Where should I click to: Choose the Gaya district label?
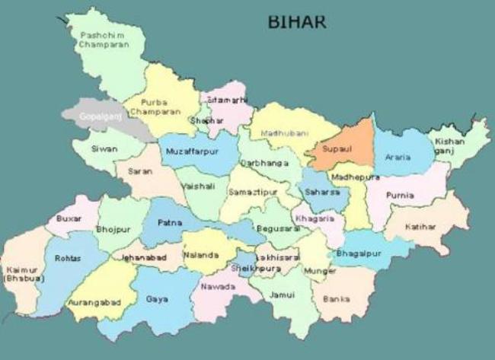coord(157,299)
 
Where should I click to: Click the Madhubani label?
coord(282,132)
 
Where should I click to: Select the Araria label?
coord(398,158)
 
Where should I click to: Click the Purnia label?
coord(400,195)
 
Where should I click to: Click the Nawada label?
coord(217,287)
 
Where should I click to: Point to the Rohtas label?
coord(67,259)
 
